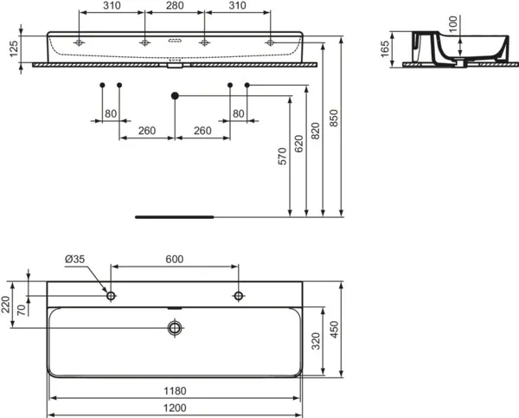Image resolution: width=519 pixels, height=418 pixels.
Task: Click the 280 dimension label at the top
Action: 175,5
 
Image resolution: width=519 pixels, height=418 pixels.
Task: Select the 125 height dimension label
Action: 13,49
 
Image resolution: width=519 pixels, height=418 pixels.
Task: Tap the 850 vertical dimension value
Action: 334,118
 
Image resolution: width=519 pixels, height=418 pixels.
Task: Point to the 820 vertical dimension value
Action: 316,131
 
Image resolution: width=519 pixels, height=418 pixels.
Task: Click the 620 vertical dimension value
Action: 298,144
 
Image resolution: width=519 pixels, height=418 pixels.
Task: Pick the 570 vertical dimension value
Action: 282,157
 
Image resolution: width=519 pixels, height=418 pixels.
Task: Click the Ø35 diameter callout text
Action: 74,259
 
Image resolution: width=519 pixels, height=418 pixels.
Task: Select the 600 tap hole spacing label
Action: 175,259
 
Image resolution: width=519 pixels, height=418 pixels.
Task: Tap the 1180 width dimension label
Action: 175,391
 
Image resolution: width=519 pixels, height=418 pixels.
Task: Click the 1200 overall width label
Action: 175,408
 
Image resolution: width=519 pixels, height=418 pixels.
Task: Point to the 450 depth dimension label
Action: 334,330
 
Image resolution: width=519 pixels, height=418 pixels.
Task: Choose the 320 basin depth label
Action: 316,342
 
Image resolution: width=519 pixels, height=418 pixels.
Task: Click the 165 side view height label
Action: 385,49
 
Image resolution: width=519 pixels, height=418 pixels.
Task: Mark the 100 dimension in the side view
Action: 452,24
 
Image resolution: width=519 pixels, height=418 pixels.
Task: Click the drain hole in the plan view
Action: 175,328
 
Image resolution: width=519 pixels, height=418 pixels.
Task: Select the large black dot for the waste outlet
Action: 175,96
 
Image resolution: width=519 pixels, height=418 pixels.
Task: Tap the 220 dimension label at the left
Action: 6,305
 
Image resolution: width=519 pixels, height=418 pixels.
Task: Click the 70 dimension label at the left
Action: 21,310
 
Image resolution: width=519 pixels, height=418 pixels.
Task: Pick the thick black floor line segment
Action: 175,217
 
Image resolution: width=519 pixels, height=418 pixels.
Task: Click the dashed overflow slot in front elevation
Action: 175,41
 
